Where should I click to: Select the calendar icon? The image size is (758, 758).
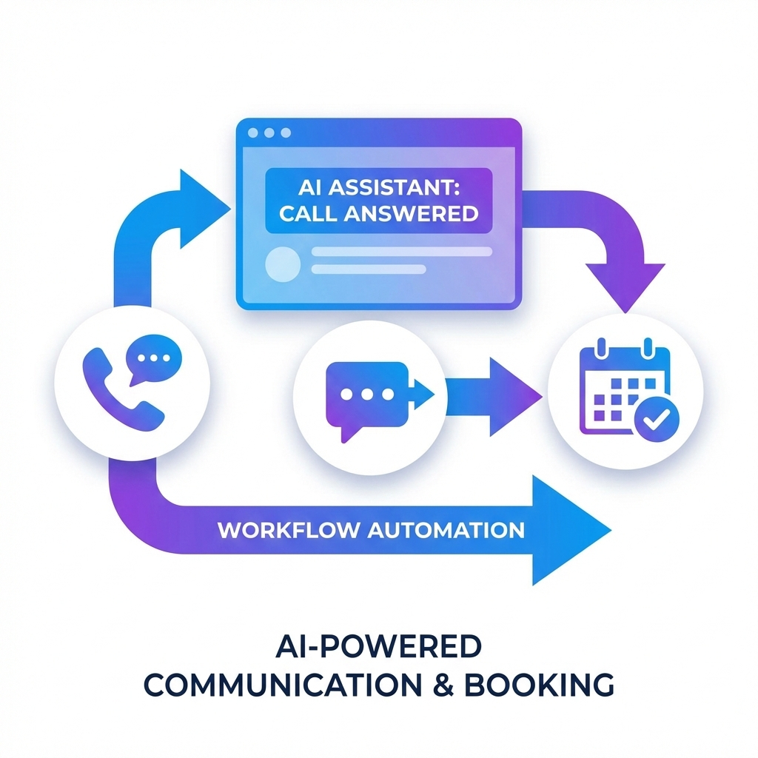(x=619, y=388)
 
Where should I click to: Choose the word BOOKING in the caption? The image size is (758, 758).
(x=552, y=685)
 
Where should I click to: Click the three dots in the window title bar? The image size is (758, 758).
(x=269, y=133)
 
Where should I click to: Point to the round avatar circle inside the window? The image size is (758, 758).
(x=283, y=264)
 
